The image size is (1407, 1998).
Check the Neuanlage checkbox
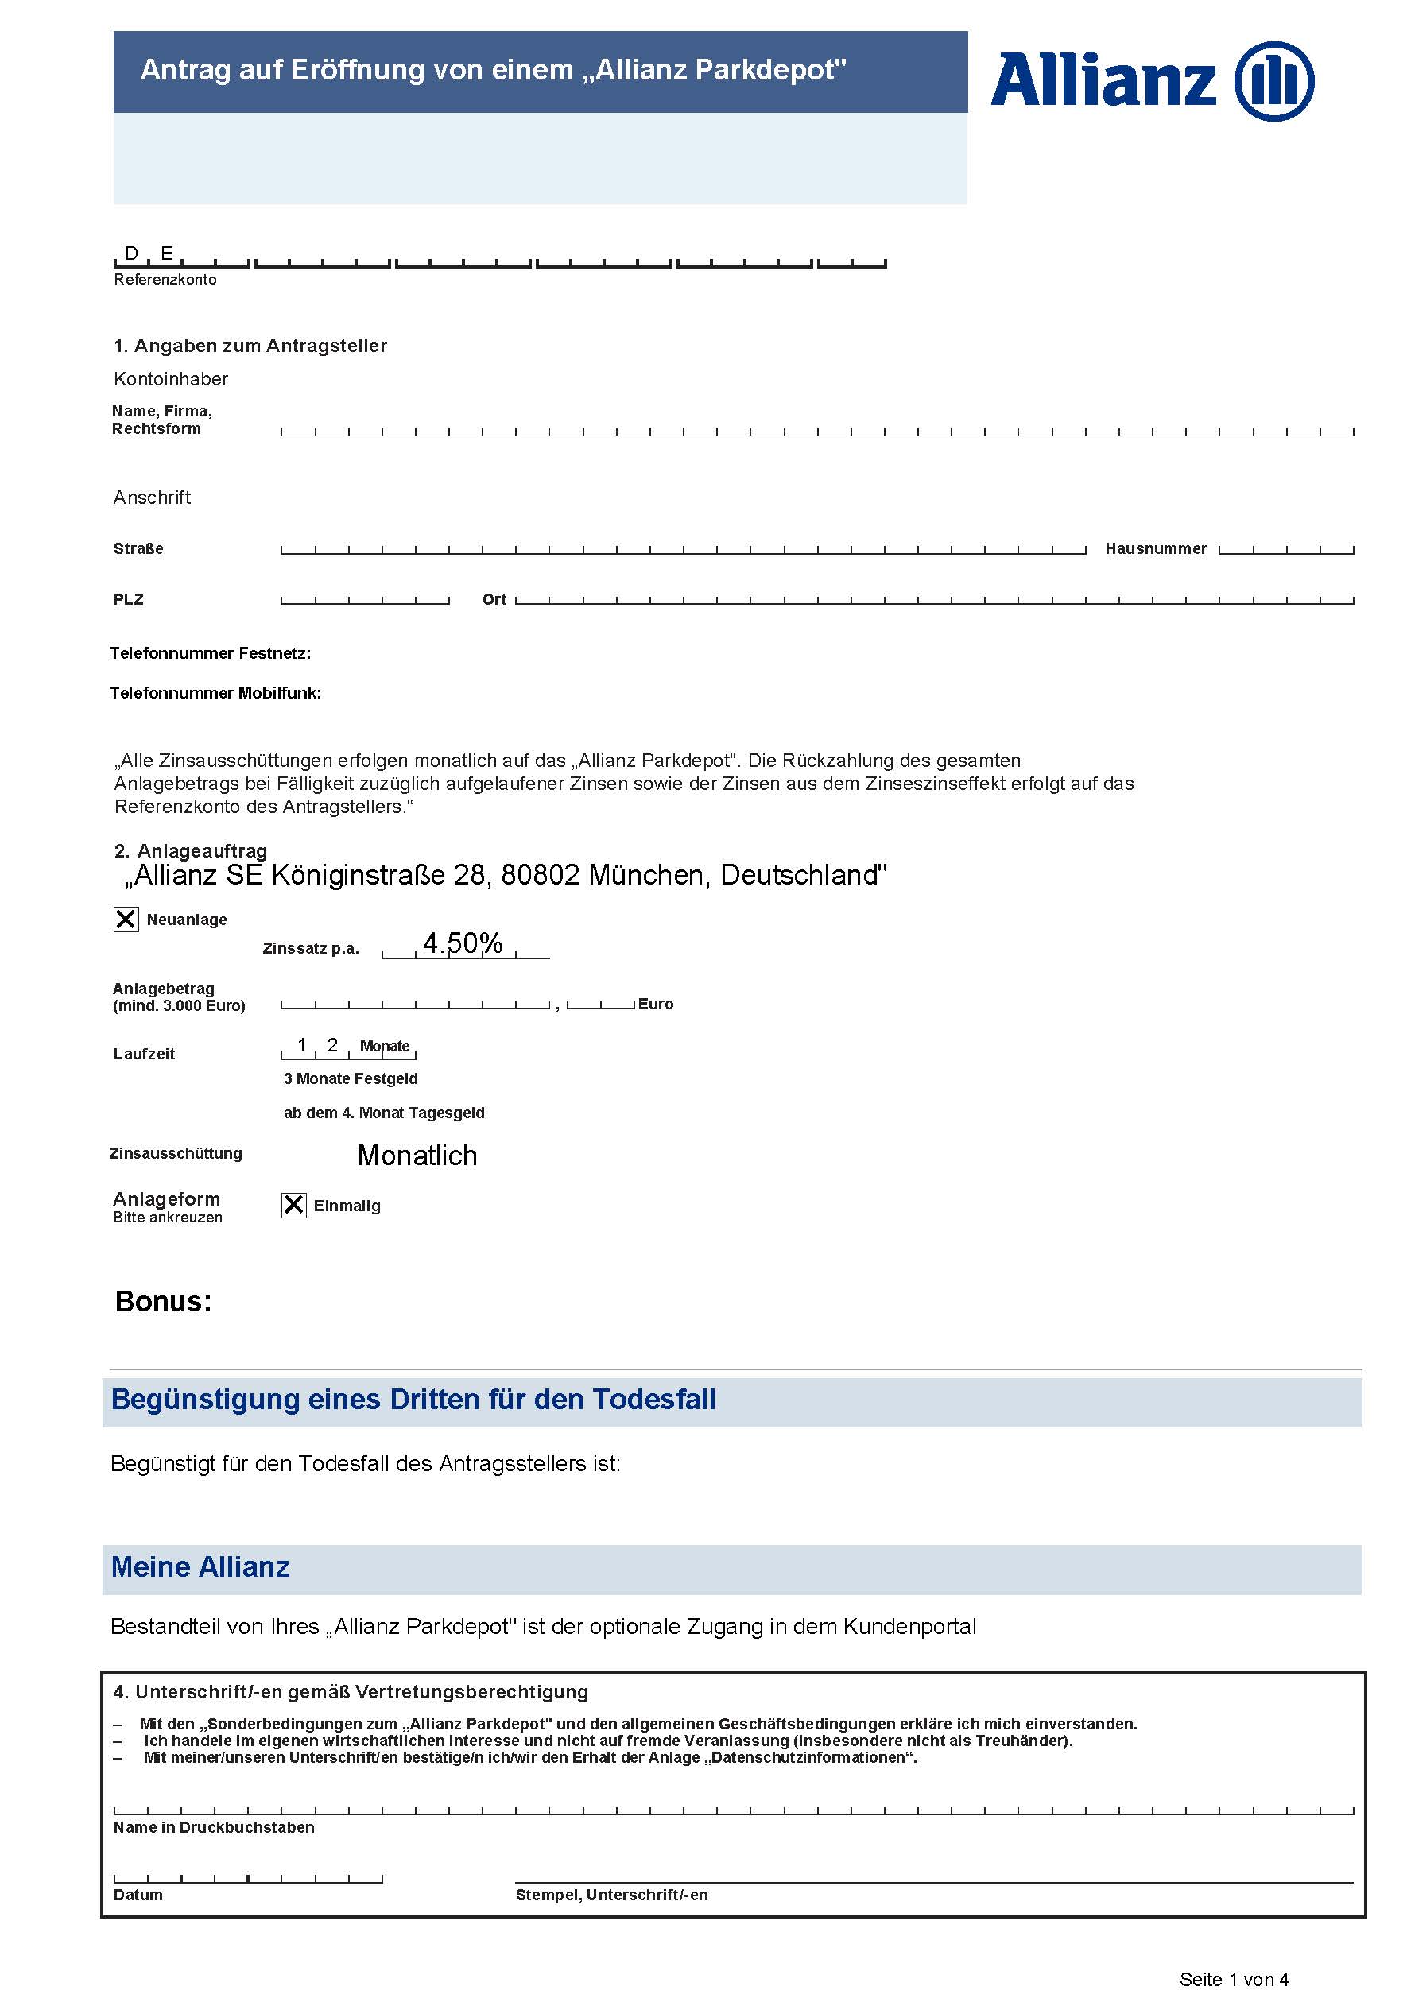[126, 919]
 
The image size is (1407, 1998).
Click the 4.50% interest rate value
[462, 943]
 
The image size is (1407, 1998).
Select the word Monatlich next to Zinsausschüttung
[417, 1155]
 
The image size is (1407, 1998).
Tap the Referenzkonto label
[165, 279]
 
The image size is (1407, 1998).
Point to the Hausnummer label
[1156, 548]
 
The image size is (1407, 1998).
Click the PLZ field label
[129, 599]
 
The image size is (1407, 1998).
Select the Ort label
[494, 599]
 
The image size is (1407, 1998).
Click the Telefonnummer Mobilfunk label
[215, 693]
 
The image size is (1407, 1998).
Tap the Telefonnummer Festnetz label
[210, 652]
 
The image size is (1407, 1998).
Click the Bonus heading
[164, 1301]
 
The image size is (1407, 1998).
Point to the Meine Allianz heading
[200, 1567]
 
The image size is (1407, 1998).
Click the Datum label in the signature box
[138, 1895]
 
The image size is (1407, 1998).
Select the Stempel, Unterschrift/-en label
[612, 1895]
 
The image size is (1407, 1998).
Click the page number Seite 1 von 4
[1234, 1979]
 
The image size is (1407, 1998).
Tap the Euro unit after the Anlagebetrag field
[655, 1003]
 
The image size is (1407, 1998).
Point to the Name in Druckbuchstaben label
[214, 1826]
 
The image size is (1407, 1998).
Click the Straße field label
[138, 548]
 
